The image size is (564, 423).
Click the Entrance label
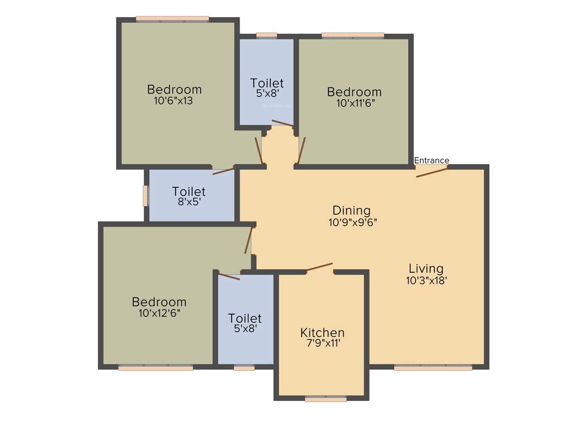click(x=431, y=160)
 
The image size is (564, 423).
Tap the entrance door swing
click(x=432, y=171)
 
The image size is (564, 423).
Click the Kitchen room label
click(x=322, y=333)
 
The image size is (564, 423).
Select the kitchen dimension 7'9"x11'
click(x=322, y=343)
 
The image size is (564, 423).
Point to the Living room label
click(x=426, y=269)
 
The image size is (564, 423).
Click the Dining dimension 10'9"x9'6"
click(x=351, y=222)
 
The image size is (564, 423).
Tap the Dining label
click(x=351, y=210)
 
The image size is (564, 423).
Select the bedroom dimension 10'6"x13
click(x=174, y=101)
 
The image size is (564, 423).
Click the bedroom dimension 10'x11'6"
click(x=354, y=102)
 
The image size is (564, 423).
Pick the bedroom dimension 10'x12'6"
click(x=159, y=313)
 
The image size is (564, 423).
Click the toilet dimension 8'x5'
click(x=188, y=202)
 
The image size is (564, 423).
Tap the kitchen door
click(x=319, y=267)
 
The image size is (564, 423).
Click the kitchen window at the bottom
click(x=326, y=399)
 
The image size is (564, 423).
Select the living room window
click(x=433, y=367)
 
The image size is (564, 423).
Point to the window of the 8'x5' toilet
click(x=145, y=196)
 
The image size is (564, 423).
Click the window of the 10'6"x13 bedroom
click(x=172, y=19)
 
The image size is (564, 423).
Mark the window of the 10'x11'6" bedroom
click(x=352, y=35)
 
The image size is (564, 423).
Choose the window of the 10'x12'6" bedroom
click(x=155, y=367)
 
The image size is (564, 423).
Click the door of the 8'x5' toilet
click(x=223, y=170)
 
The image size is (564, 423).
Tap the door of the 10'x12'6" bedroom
click(x=248, y=240)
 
